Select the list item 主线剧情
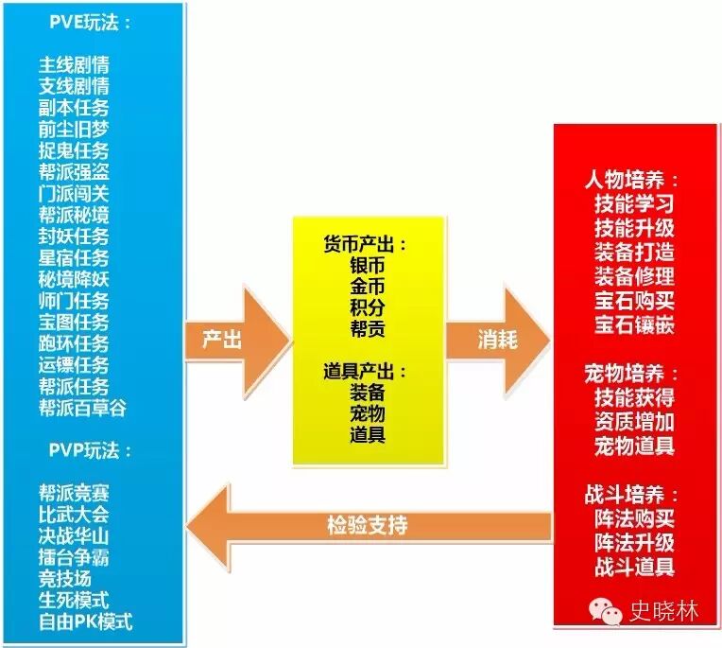(73, 65)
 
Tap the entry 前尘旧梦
(73, 130)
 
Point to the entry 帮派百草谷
(82, 408)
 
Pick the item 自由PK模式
(85, 622)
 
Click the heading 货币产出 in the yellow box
(364, 244)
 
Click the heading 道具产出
(364, 372)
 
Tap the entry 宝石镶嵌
(634, 325)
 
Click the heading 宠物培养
(630, 374)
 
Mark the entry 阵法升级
(634, 543)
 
